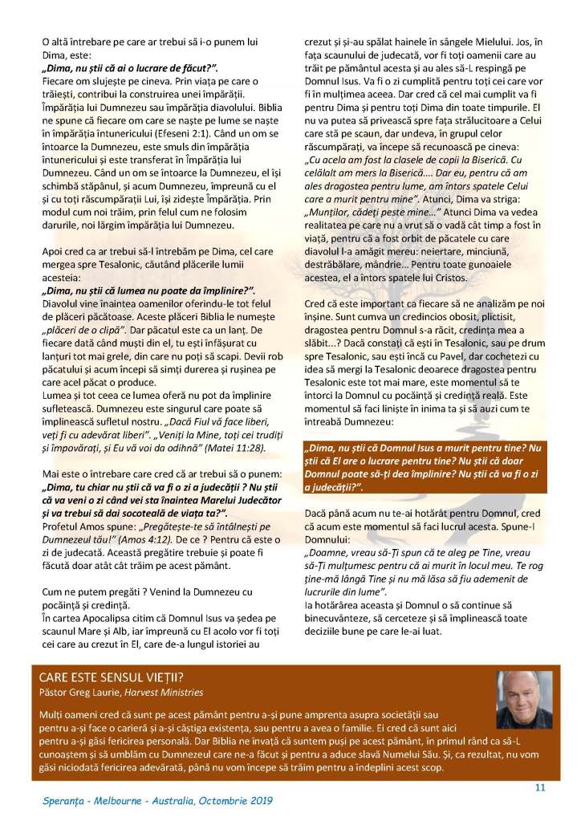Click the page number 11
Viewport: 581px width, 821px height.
coord(540,786)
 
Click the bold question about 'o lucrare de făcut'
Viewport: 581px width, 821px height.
coord(129,71)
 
